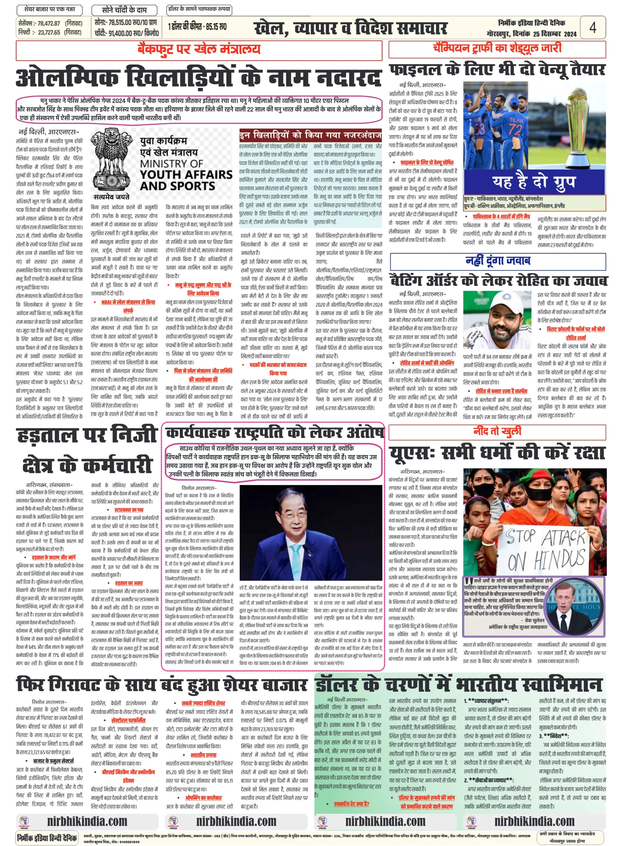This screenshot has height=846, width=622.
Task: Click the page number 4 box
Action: pyautogui.click(x=592, y=27)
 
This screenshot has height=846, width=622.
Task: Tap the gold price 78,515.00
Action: pyautogui.click(x=120, y=23)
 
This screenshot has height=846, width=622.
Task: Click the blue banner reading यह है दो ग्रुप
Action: pyautogui.click(x=534, y=182)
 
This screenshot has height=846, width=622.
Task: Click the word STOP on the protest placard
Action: pyautogui.click(x=521, y=536)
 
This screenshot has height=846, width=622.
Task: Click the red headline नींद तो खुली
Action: pyautogui.click(x=497, y=431)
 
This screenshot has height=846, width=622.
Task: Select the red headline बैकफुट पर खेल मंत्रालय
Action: pyautogui.click(x=199, y=49)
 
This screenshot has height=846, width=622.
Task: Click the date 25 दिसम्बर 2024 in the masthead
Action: pyautogui.click(x=554, y=34)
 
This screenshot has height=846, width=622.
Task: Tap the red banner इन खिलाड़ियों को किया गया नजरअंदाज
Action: pyautogui.click(x=310, y=135)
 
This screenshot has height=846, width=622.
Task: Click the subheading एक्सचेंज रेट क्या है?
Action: pyautogui.click(x=351, y=804)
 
